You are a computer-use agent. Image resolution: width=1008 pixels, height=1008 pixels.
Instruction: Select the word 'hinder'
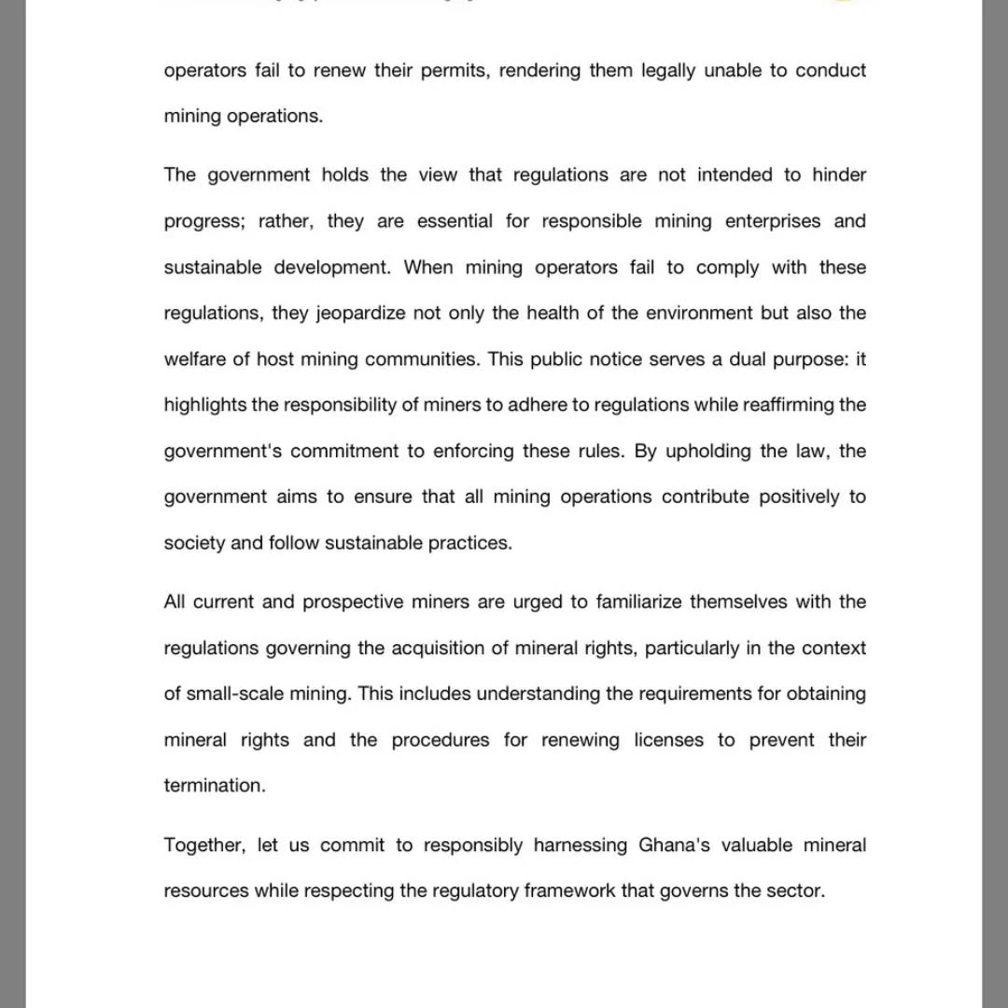[x=839, y=175]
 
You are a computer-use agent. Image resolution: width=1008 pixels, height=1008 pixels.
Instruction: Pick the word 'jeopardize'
[x=360, y=314]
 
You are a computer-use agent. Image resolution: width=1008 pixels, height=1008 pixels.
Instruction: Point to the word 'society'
[x=194, y=543]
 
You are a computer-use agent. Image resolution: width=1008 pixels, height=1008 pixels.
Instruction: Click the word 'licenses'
[x=669, y=740]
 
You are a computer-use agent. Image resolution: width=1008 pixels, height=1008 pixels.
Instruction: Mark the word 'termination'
[x=215, y=786]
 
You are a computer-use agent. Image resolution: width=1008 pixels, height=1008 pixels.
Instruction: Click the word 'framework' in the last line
[x=569, y=891]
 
